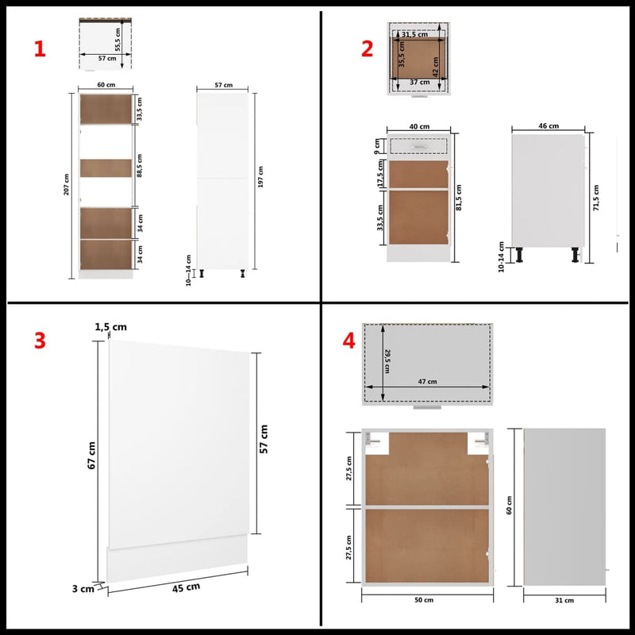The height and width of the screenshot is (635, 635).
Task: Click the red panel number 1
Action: point(40,49)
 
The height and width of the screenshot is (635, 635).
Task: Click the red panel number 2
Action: point(367,49)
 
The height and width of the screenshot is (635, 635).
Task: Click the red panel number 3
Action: point(40,341)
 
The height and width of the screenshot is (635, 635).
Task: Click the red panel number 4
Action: point(348,341)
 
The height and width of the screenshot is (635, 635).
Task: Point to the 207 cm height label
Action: point(67,185)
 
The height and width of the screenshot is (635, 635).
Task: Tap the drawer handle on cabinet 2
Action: point(419,145)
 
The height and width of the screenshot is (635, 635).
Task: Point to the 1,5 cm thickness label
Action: point(111,327)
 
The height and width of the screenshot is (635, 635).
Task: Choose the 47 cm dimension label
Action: point(426,382)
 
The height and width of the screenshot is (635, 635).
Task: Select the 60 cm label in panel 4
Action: point(510,504)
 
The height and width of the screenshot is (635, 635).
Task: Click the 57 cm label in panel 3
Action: point(264,438)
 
